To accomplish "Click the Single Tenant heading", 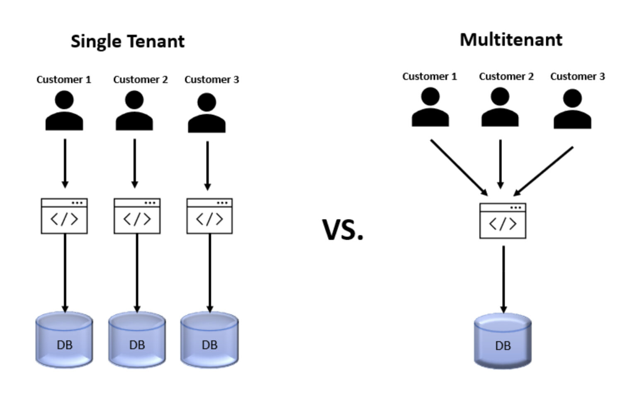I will (x=127, y=41).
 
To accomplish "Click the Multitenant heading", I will (x=511, y=40).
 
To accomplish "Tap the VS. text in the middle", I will (x=343, y=230).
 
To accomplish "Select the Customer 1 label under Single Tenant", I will (x=63, y=79).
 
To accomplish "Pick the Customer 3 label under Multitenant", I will (x=577, y=76).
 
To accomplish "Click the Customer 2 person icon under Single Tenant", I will (x=134, y=111).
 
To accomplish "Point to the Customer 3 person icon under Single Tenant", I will (x=207, y=113).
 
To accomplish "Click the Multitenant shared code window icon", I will (x=503, y=221).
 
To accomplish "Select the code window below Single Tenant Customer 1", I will (x=64, y=216).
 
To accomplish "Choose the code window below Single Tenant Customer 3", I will (x=209, y=216).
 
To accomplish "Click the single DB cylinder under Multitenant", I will (x=503, y=341).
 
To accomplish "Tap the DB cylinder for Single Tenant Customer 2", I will (x=137, y=340).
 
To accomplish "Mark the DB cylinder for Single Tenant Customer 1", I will (x=64, y=340).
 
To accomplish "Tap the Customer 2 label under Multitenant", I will (x=506, y=76).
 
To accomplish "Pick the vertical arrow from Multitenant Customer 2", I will (x=500, y=164).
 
